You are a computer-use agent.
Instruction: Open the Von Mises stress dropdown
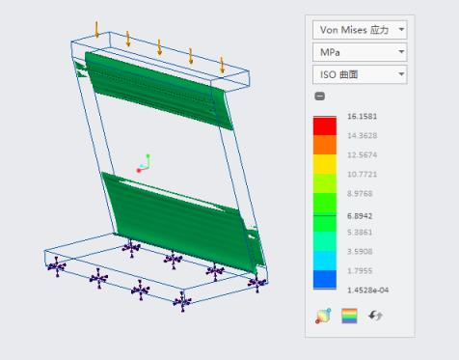[x=360, y=30]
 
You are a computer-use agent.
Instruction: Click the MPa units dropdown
[x=360, y=52]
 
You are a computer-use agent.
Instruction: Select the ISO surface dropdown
[x=360, y=74]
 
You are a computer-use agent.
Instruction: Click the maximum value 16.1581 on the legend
[x=362, y=116]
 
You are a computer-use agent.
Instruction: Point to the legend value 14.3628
[x=362, y=135]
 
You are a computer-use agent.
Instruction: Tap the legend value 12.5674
[x=362, y=154]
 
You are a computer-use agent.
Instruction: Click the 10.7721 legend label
[x=362, y=174]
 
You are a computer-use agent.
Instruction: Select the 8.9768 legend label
[x=360, y=193]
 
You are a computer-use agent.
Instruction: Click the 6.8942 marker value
[x=360, y=216]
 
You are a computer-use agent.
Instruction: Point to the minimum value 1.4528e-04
[x=367, y=290]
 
